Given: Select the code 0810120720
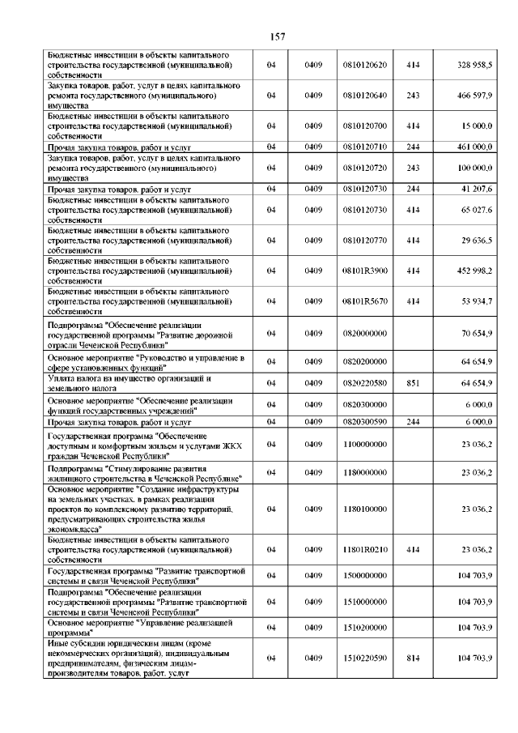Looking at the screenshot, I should click(x=365, y=168).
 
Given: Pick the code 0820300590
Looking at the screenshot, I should click(x=365, y=422).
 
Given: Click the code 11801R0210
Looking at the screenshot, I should click(x=365, y=549).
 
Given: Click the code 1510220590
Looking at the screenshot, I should click(x=365, y=658).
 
